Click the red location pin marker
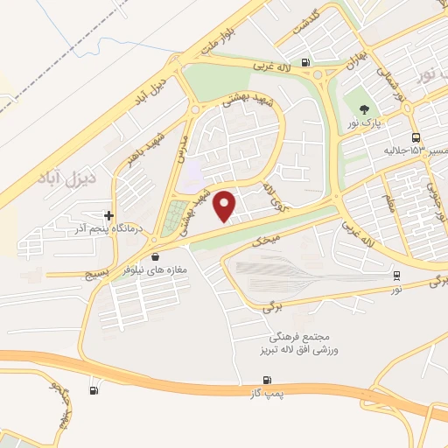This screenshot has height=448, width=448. [226, 206]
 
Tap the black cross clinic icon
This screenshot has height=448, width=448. [108, 214]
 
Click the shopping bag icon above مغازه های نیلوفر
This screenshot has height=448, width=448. [156, 257]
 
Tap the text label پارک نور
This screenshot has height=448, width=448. [364, 125]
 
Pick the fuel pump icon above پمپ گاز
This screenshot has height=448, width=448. [267, 379]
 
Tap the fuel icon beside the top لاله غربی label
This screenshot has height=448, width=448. [304, 62]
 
